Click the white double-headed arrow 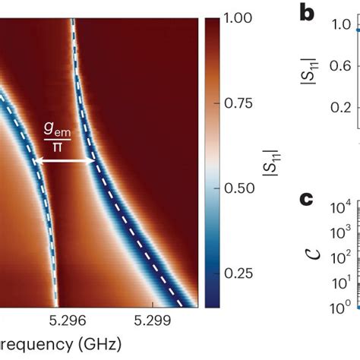click(66, 160)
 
